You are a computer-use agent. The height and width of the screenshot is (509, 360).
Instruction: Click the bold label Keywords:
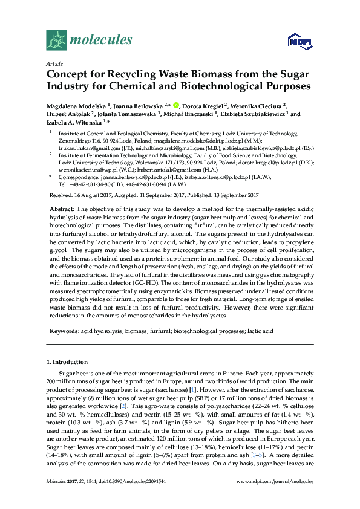[x=65, y=332]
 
